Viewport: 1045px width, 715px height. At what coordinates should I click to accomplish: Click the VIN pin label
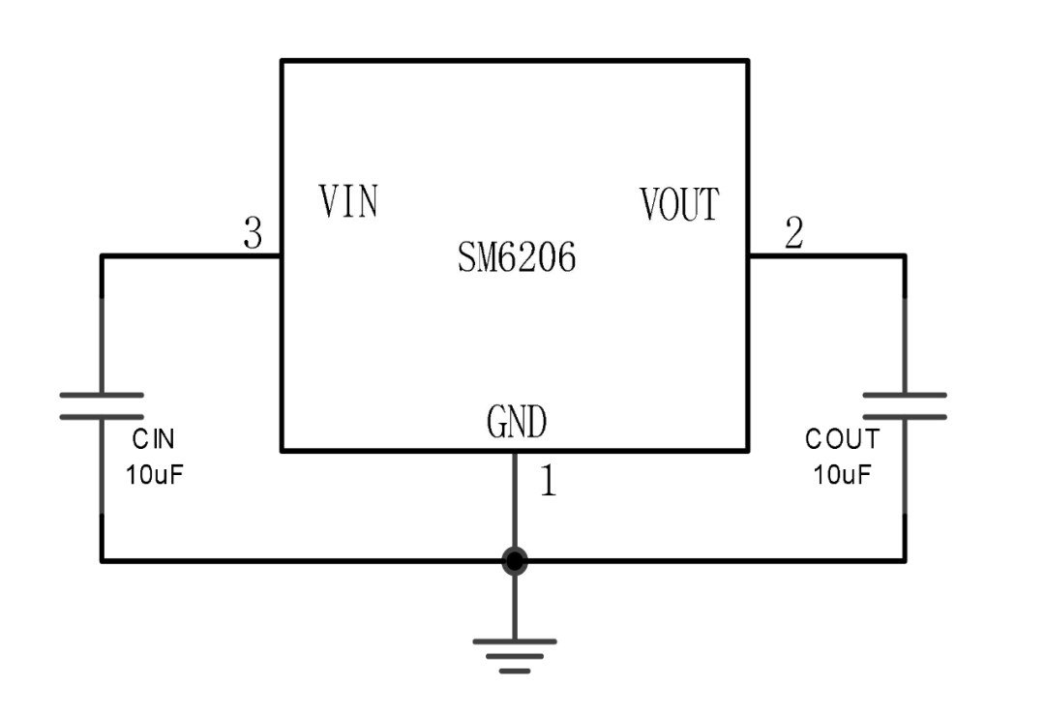[x=348, y=201]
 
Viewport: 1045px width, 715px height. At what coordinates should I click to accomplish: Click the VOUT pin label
[x=680, y=204]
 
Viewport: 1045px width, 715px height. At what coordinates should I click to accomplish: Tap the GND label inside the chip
[x=517, y=422]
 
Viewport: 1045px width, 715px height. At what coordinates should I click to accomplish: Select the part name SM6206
[x=517, y=257]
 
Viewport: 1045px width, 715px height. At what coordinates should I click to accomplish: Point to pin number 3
[x=254, y=233]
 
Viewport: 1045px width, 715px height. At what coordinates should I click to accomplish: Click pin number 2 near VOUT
[x=793, y=233]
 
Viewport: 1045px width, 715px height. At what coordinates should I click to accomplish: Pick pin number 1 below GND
[x=549, y=481]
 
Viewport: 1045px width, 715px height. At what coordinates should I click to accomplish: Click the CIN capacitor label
[x=153, y=440]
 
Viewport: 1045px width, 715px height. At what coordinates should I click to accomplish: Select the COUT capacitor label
[x=843, y=440]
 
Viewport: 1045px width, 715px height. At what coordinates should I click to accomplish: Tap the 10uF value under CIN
[x=154, y=474]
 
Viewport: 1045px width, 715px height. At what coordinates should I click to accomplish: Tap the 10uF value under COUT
[x=842, y=474]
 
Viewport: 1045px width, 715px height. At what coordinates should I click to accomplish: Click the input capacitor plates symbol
[x=102, y=406]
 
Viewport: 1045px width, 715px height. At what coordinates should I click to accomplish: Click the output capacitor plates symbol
[x=905, y=406]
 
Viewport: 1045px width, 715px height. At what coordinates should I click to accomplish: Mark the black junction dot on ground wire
[x=515, y=561]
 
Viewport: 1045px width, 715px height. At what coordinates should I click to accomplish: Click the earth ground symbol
[x=515, y=656]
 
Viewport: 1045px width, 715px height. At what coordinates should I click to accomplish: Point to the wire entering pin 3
[x=192, y=255]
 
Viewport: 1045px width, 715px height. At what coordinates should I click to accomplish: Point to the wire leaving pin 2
[x=827, y=255]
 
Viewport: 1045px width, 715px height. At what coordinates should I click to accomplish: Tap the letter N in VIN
[x=368, y=201]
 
